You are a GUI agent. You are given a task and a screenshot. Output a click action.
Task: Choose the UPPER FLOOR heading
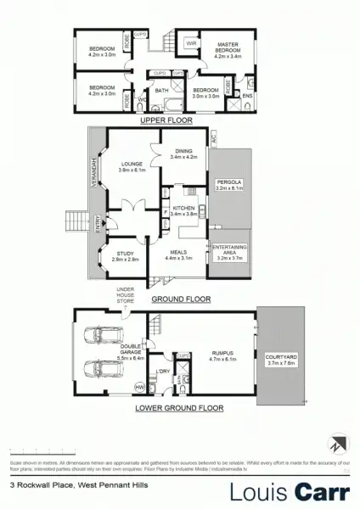click(166, 120)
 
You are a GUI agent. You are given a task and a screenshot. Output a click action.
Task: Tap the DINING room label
click(183, 152)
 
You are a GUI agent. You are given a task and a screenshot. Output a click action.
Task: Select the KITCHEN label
click(184, 208)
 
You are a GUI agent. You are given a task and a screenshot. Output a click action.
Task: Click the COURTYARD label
click(280, 357)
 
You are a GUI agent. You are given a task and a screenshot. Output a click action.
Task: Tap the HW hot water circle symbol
click(138, 388)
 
